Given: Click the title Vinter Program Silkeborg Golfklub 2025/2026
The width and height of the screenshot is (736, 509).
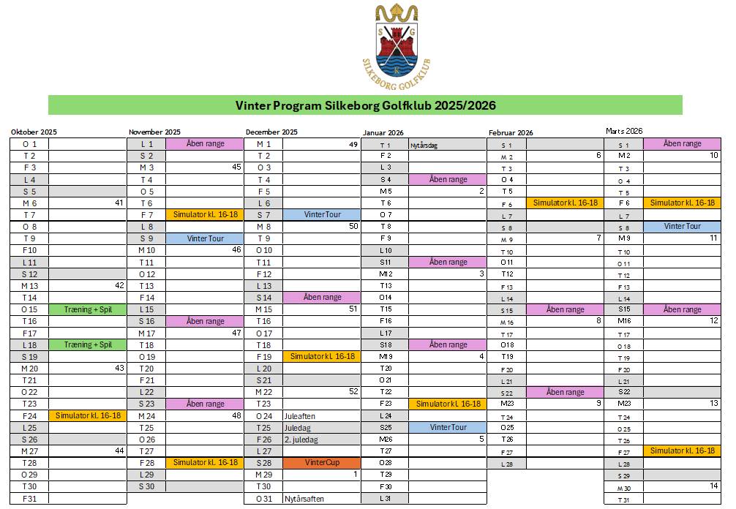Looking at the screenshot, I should coord(365,105).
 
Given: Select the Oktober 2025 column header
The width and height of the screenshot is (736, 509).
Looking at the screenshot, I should coord(34,132).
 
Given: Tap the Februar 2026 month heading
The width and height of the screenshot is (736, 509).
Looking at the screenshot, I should coord(511,133).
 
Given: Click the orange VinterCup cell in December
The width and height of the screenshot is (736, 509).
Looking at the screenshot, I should coord(322,463).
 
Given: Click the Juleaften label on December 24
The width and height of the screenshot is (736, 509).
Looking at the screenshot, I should coord(300,416).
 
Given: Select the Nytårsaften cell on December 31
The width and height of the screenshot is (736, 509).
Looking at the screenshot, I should coord(304,499).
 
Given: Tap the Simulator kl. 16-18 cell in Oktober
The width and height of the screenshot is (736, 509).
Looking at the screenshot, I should coord(88,415).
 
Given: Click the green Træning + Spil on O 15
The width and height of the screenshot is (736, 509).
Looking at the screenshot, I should coord(88,309).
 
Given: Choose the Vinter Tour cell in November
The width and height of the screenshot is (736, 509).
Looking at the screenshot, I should coord(205,238).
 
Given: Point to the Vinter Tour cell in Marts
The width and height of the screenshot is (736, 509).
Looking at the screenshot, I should coord(682,227).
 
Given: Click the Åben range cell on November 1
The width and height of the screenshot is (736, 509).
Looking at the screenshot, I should coord(205,144).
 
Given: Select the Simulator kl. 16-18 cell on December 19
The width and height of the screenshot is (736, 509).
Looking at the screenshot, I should coord(322,357).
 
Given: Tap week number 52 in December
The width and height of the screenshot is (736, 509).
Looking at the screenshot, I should coord(353,392).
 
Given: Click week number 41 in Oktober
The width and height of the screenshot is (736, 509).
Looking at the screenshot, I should coord(119,203).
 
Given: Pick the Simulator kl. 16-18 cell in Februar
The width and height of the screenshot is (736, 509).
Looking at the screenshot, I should coord(566,203).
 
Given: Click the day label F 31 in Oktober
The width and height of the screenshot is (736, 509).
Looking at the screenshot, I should coord(30,499).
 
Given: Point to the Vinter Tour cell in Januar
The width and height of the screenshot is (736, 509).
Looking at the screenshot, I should coord(448,428).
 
